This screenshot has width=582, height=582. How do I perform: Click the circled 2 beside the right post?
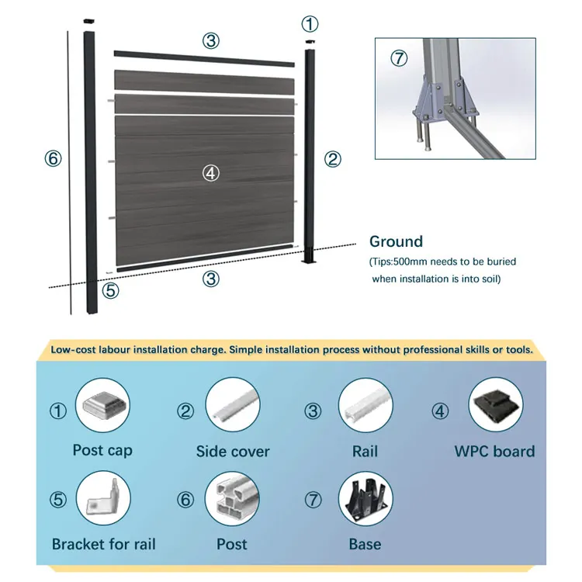coord(332,159)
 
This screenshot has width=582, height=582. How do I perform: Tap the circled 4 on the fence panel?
coord(211,173)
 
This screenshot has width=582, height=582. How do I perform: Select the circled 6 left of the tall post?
coord(53,158)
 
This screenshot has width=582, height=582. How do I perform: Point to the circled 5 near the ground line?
coord(110,291)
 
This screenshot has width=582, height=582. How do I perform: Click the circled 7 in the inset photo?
coord(398,58)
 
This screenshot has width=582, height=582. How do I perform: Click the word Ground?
coord(396,242)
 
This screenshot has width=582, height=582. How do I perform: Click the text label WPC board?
coord(494,451)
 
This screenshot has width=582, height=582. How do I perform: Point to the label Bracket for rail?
coord(103,543)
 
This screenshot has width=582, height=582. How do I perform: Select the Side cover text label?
coord(233,451)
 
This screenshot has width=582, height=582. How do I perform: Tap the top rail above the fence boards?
coord(205,55)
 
